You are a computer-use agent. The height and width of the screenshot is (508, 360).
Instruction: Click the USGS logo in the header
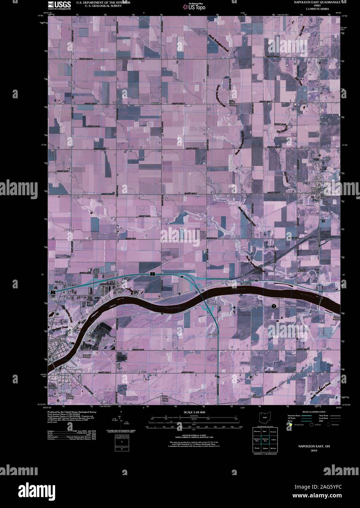coord(59,5)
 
